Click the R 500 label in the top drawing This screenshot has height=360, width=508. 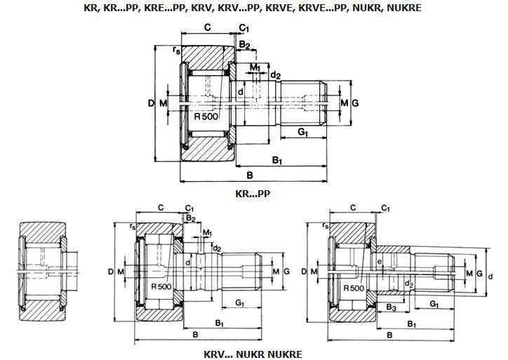click(206, 116)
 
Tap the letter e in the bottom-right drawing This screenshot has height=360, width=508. click(380, 261)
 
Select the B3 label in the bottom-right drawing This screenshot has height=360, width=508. click(392, 307)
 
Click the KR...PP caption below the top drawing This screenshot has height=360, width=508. click(253, 194)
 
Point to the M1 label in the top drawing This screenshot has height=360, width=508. click(255, 67)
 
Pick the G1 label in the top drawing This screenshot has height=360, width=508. click(302, 132)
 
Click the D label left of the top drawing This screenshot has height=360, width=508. click(151, 103)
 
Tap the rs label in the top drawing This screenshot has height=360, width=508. click(176, 50)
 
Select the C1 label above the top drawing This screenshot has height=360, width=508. click(244, 28)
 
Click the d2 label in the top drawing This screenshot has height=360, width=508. click(276, 76)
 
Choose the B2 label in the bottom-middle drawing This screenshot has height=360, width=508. click(191, 218)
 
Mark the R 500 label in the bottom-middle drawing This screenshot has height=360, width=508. click(161, 286)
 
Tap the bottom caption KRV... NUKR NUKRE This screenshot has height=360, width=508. click(253, 354)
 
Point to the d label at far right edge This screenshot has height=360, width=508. click(490, 276)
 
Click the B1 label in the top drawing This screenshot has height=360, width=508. click(277, 160)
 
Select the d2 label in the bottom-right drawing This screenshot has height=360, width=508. click(409, 284)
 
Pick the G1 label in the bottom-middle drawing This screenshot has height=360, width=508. click(239, 302)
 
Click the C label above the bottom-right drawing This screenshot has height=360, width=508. click(353, 208)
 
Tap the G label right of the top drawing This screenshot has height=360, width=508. click(355, 103)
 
